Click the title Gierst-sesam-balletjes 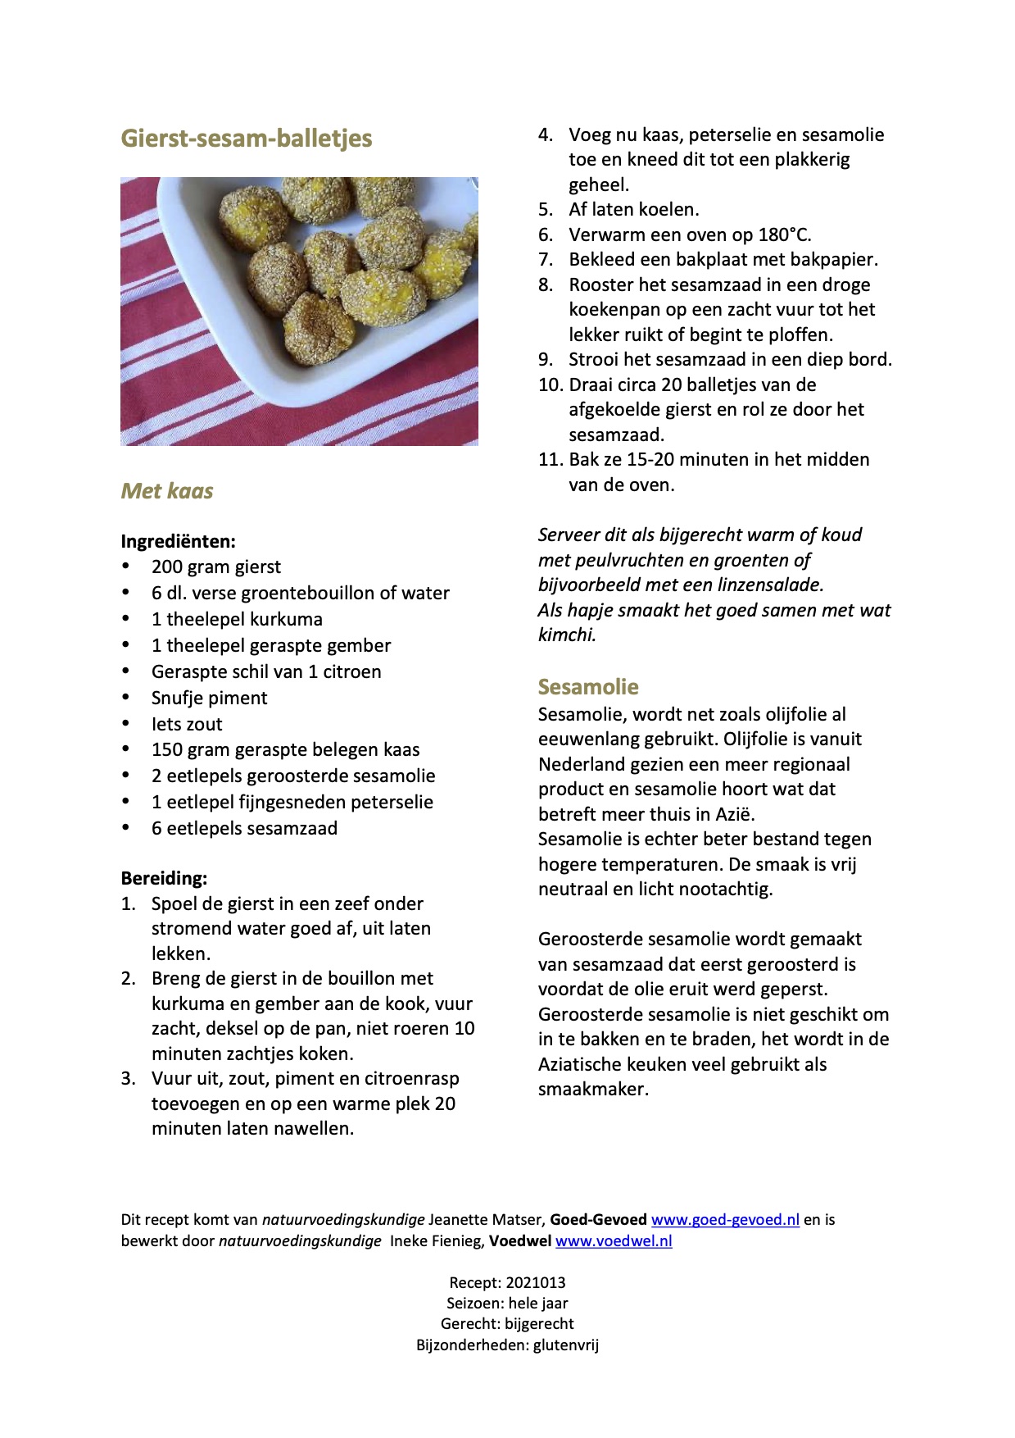pyautogui.click(x=247, y=138)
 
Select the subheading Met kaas pyautogui.click(x=167, y=491)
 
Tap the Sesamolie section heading pyautogui.click(x=588, y=687)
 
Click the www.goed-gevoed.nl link pyautogui.click(x=725, y=1220)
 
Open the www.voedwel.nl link pyautogui.click(x=614, y=1241)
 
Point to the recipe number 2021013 pyautogui.click(x=536, y=1283)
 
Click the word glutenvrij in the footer pyautogui.click(x=566, y=1345)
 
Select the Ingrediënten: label pyautogui.click(x=179, y=541)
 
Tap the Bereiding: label pyautogui.click(x=164, y=878)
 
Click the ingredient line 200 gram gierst pyautogui.click(x=216, y=567)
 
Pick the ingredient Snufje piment pyautogui.click(x=210, y=699)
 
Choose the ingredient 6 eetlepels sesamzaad pyautogui.click(x=244, y=829)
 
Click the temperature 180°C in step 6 pyautogui.click(x=784, y=235)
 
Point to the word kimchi pyautogui.click(x=566, y=635)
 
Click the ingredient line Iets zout pyautogui.click(x=187, y=725)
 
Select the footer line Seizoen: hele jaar pyautogui.click(x=507, y=1304)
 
